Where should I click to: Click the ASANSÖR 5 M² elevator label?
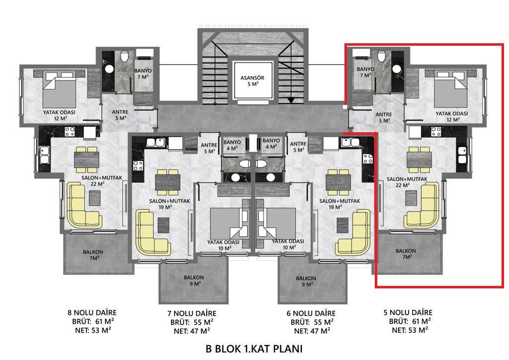[252, 81]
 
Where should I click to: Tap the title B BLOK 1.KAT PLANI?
[254, 349]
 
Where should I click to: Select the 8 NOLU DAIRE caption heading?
[92, 313]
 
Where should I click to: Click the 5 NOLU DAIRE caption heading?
[408, 312]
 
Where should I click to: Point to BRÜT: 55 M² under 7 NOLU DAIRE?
[192, 322]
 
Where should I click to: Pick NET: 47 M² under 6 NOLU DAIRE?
[312, 331]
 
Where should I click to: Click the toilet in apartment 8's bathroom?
[124, 57]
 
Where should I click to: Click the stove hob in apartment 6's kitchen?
[368, 159]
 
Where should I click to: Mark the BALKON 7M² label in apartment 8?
[93, 255]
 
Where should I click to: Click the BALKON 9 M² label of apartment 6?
[306, 281]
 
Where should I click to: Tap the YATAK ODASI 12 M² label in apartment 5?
[451, 116]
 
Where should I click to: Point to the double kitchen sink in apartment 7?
[155, 143]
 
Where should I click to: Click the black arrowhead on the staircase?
[291, 100]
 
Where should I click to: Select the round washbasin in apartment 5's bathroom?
[397, 69]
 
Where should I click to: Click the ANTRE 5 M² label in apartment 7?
[209, 148]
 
